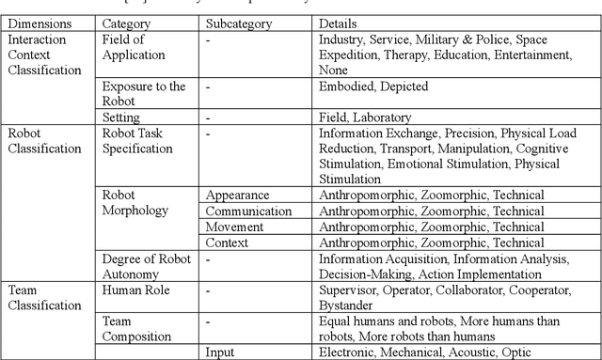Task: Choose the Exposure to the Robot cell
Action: [144, 94]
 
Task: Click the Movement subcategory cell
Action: [234, 227]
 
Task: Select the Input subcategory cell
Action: [222, 352]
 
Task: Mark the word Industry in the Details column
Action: [343, 40]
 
